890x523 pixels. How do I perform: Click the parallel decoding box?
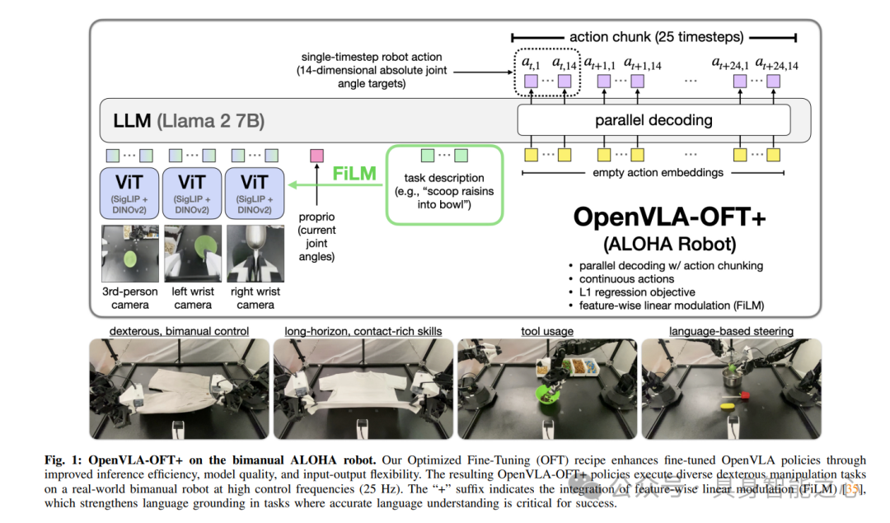click(x=653, y=120)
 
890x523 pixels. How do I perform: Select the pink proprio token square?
click(x=316, y=155)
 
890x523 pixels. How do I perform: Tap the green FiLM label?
click(x=354, y=175)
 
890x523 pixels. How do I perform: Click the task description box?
click(x=443, y=185)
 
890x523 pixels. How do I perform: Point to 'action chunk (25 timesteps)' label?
click(x=656, y=37)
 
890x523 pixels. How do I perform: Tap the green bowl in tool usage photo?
click(x=545, y=394)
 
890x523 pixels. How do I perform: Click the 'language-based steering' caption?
click(x=731, y=331)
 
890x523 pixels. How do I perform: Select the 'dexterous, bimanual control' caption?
click(x=179, y=331)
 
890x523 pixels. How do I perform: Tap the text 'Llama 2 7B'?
click(x=210, y=121)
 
